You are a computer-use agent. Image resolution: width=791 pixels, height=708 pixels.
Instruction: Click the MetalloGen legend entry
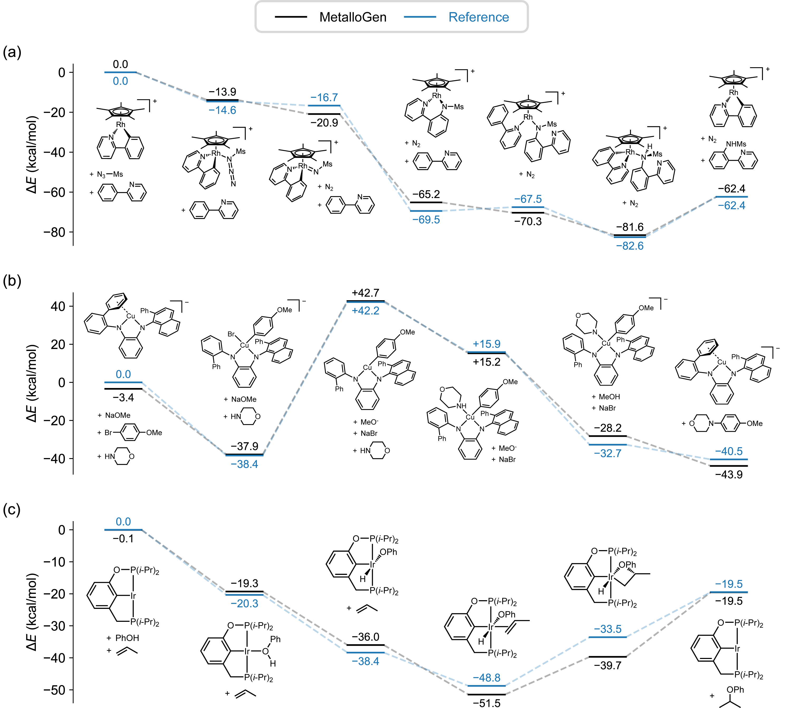click(331, 17)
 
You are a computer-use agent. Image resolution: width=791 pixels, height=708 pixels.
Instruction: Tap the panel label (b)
click(12, 280)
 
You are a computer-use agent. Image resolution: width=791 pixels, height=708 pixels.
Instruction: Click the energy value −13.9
click(223, 92)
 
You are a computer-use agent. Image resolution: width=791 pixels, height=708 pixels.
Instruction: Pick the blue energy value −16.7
click(324, 97)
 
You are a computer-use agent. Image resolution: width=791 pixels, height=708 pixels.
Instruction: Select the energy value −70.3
click(528, 221)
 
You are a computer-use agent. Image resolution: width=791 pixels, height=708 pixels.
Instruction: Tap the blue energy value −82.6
click(630, 246)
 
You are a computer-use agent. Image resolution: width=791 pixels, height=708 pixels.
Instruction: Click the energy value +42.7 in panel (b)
click(365, 293)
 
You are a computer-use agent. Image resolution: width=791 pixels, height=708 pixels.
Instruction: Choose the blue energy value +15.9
click(486, 344)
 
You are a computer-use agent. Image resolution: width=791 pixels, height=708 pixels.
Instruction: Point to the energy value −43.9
click(729, 475)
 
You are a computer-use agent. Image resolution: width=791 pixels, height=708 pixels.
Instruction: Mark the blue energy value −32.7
click(608, 453)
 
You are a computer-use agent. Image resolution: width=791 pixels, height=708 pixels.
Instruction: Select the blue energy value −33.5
click(608, 629)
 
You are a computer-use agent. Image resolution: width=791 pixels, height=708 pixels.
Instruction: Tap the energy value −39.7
click(608, 665)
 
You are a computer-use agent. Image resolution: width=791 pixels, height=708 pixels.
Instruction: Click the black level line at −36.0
click(365, 645)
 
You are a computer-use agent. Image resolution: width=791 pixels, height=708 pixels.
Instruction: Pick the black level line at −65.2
click(426, 202)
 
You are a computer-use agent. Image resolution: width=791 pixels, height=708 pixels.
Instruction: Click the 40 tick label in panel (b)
click(58, 307)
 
